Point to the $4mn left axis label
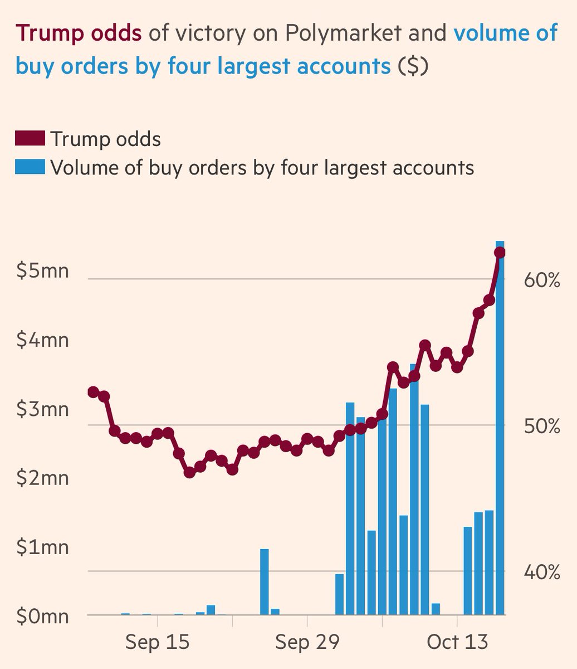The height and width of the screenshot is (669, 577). tap(42, 340)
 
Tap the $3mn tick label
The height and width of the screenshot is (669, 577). tap(42, 409)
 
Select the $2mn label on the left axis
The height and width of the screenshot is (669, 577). tap(42, 478)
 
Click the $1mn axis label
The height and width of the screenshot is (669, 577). tap(42, 547)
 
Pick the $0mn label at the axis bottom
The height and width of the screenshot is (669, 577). tap(42, 616)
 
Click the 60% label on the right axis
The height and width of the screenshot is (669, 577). tap(541, 280)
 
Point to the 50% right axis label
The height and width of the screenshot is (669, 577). tap(541, 426)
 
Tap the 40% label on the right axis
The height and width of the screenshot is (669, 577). tap(541, 573)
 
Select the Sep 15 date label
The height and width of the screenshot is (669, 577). tap(158, 642)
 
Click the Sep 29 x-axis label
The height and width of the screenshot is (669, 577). tap(307, 642)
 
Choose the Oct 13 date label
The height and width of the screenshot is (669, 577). tap(457, 642)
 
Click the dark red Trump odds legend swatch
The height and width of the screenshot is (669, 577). tap(30, 138)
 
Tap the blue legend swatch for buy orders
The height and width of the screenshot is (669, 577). tap(30, 167)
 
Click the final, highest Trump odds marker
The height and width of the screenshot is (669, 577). tap(500, 253)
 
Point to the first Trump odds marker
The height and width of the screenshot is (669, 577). tap(94, 392)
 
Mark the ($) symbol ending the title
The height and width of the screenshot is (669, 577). tap(413, 66)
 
